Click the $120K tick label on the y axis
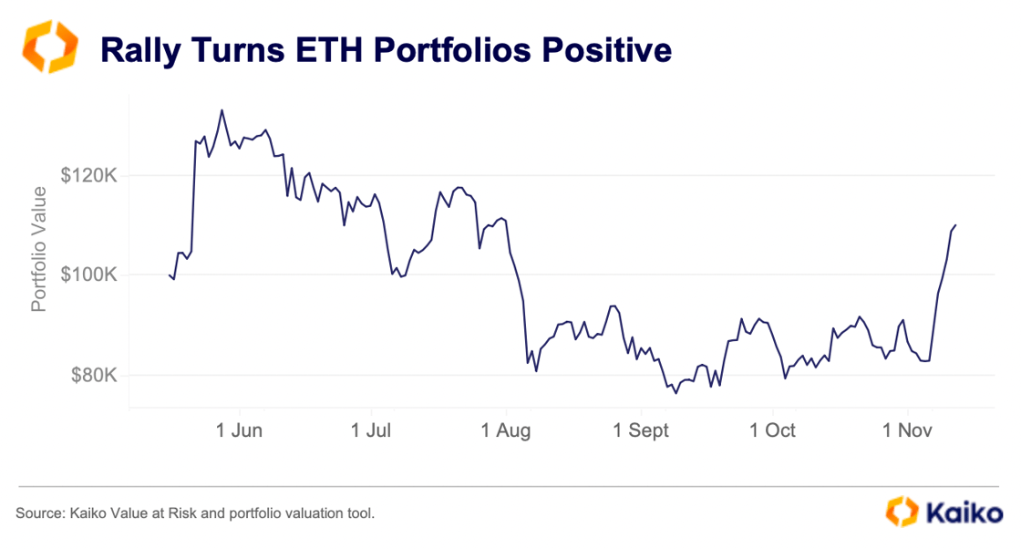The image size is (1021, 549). pos(88,175)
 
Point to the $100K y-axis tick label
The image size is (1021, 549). pos(88,274)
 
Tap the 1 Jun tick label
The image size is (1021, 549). pos(239,430)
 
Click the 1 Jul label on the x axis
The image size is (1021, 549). pos(373,430)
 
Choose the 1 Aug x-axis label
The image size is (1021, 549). pos(507,430)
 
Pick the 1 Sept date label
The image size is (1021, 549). pos(641,430)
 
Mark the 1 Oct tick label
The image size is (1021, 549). pos(772,430)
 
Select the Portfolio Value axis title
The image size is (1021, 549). pos(38,248)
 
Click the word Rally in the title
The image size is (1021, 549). pos(140,49)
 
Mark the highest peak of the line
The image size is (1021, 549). pos(222,110)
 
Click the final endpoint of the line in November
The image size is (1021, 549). pos(955,224)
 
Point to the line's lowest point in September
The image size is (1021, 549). pos(676,393)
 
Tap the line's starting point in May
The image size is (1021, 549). pos(170,274)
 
